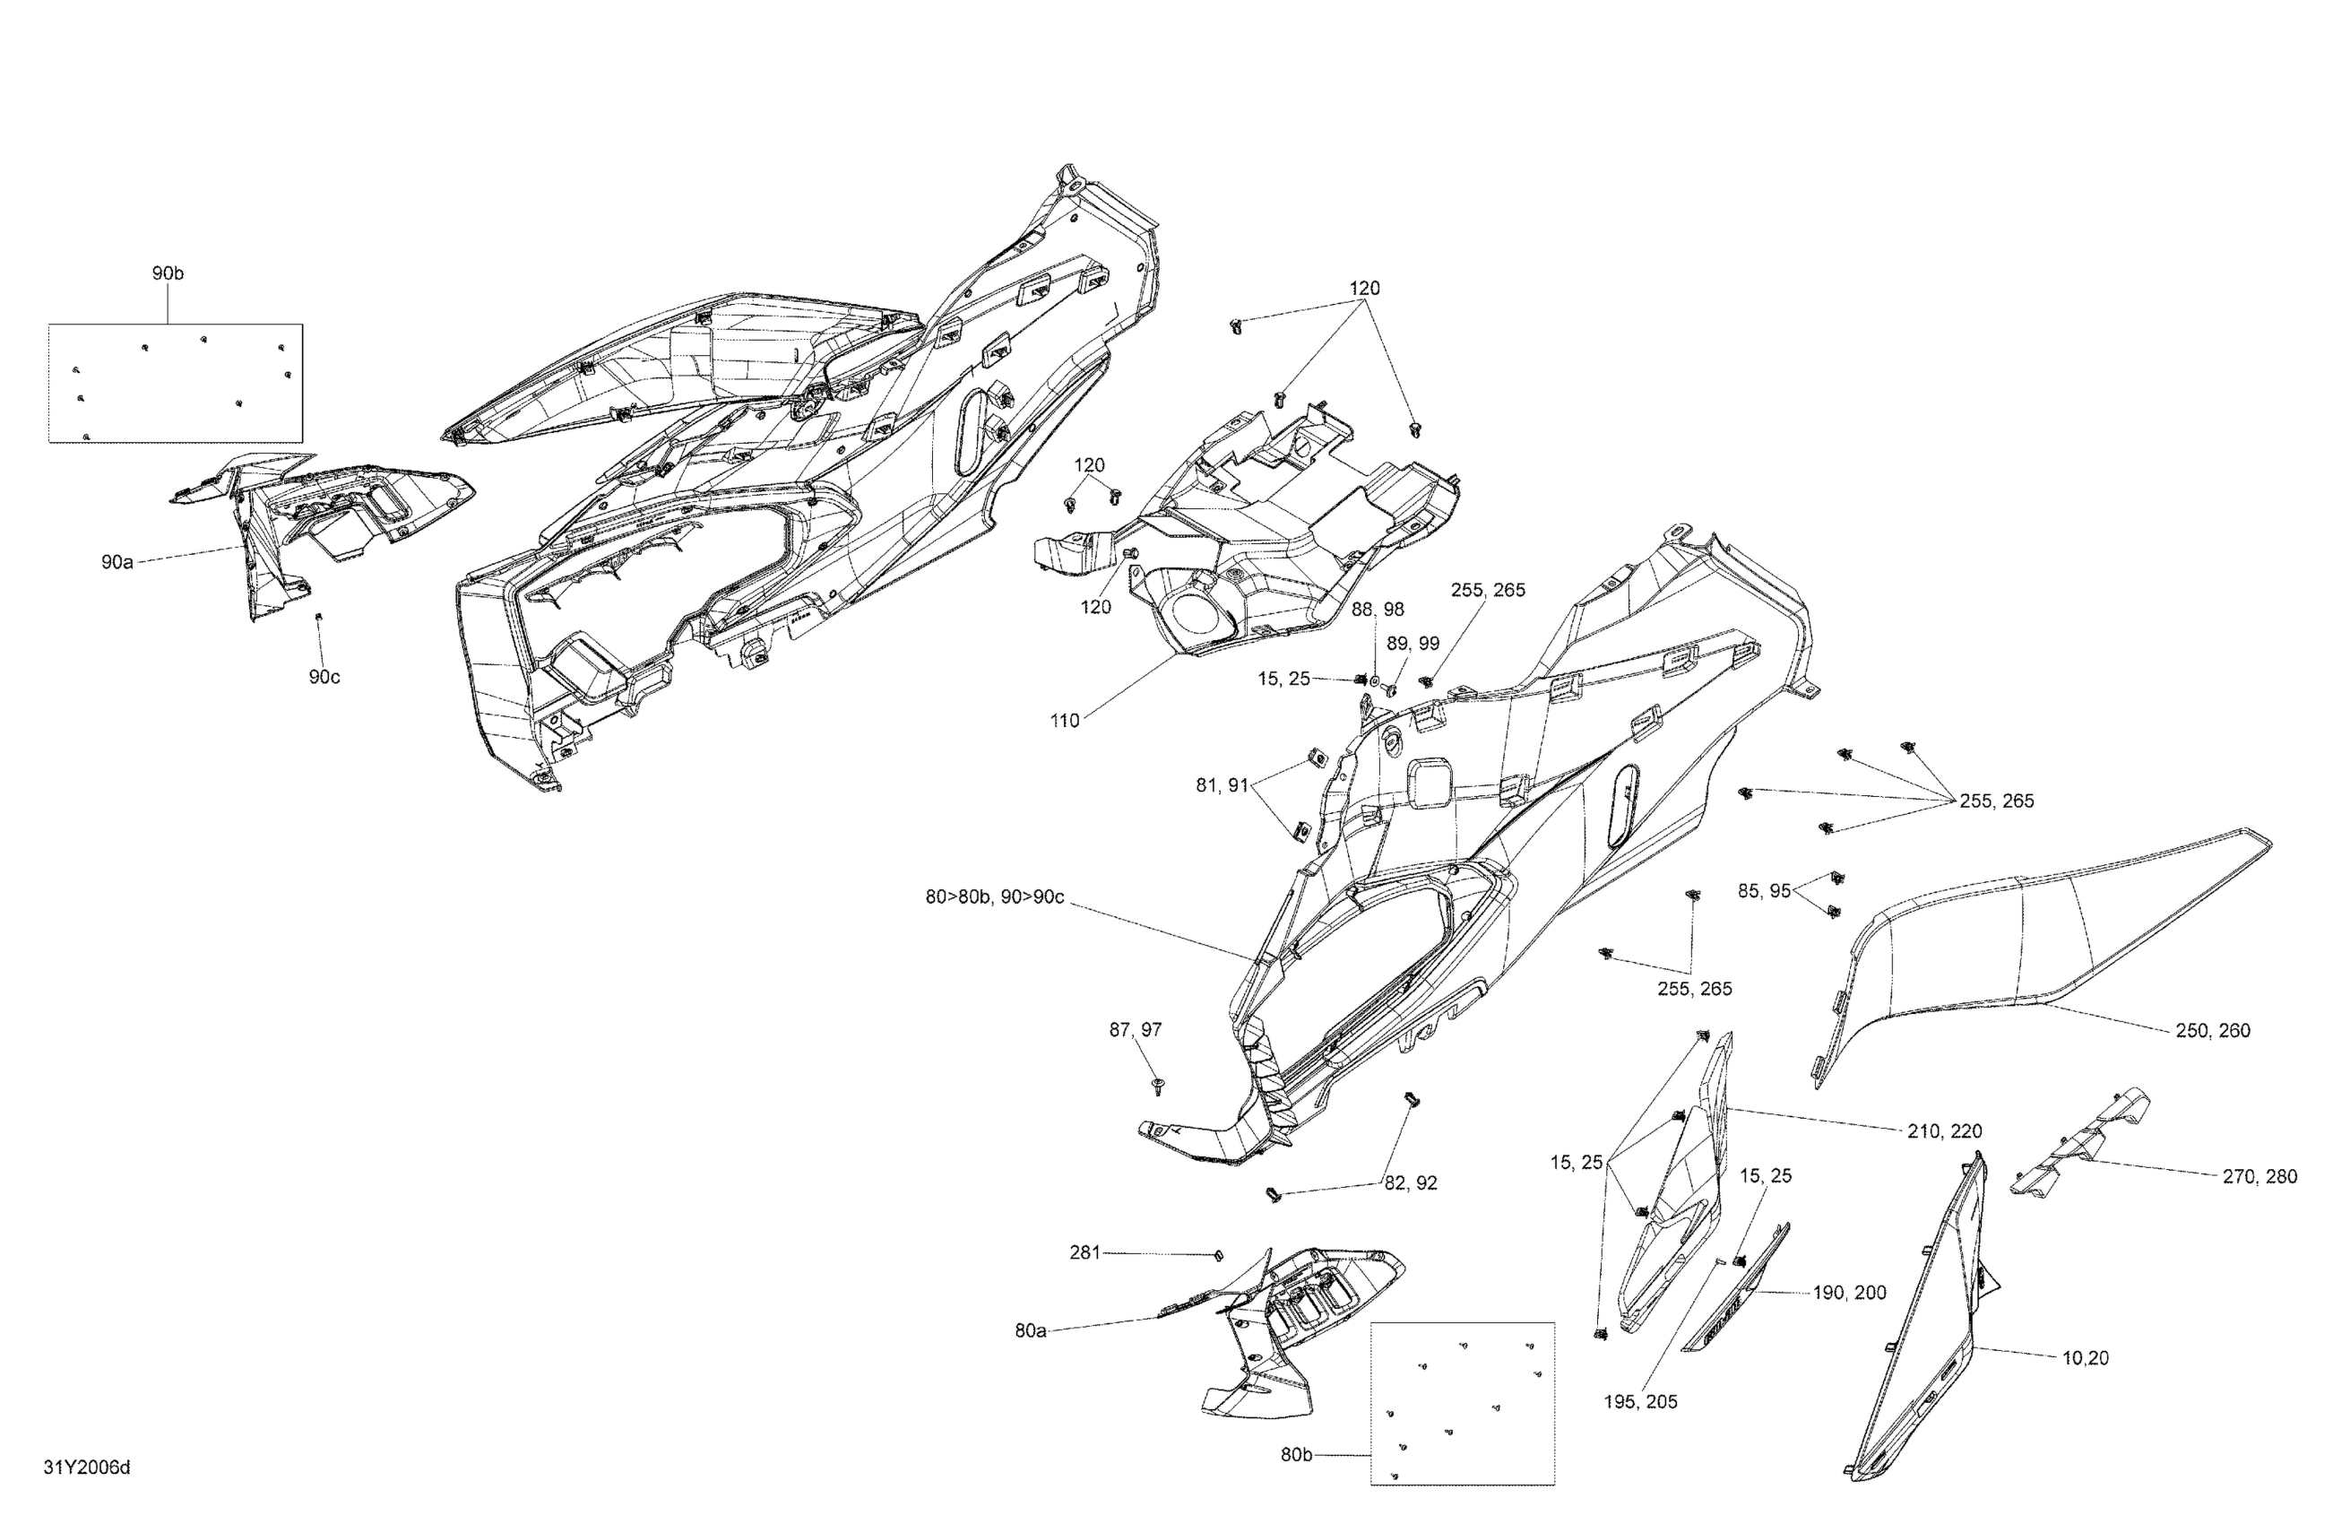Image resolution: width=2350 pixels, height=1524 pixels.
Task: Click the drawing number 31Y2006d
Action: pyautogui.click(x=87, y=1468)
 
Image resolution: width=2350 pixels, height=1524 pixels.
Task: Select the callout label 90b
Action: pyautogui.click(x=167, y=273)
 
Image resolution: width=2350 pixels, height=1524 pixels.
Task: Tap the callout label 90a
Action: pyautogui.click(x=117, y=562)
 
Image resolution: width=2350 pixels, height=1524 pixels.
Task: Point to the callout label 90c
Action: pyautogui.click(x=324, y=677)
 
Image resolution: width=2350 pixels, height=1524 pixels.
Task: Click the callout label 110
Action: pyautogui.click(x=1065, y=721)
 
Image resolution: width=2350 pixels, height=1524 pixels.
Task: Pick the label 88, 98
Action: pyautogui.click(x=1378, y=610)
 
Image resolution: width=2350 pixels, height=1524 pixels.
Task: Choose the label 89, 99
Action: pyautogui.click(x=1413, y=644)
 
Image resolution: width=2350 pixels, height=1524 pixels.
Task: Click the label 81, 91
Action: pyautogui.click(x=1223, y=785)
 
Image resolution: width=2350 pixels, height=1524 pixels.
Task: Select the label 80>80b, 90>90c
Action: pyautogui.click(x=994, y=897)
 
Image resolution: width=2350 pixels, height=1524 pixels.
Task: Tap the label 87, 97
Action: pyautogui.click(x=1136, y=1030)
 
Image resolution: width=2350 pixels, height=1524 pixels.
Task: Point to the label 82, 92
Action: pyautogui.click(x=1410, y=1183)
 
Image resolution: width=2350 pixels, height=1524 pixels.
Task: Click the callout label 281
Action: pyautogui.click(x=1084, y=1252)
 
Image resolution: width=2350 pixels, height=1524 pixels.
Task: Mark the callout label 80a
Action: pyautogui.click(x=1030, y=1330)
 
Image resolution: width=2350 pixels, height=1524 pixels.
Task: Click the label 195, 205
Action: pyautogui.click(x=1640, y=1401)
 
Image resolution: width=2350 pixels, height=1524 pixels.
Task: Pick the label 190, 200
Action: pyautogui.click(x=1849, y=1293)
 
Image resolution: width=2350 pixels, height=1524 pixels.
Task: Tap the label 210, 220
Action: pyautogui.click(x=1944, y=1131)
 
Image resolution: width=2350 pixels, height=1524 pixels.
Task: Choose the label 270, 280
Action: pyautogui.click(x=2259, y=1176)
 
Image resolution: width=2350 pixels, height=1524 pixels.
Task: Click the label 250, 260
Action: pyautogui.click(x=2213, y=1030)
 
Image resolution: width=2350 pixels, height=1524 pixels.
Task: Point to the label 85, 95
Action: pyautogui.click(x=1764, y=891)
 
